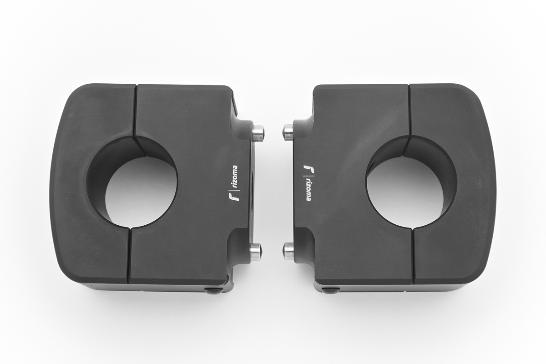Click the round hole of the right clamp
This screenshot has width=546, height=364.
410,183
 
